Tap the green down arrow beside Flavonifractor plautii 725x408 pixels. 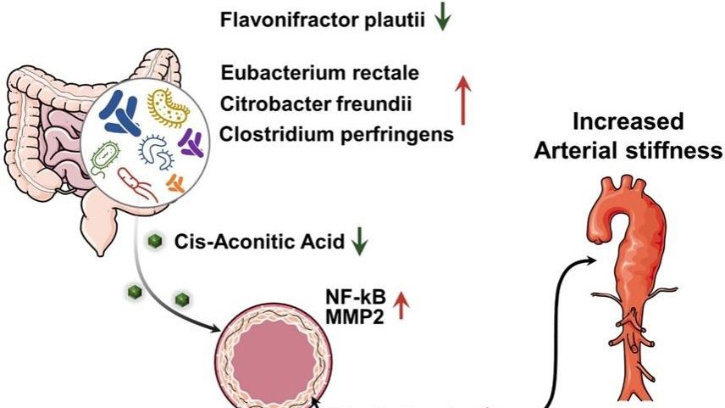440,20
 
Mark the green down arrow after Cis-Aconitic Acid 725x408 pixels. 360,243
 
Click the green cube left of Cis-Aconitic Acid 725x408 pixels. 153,240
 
